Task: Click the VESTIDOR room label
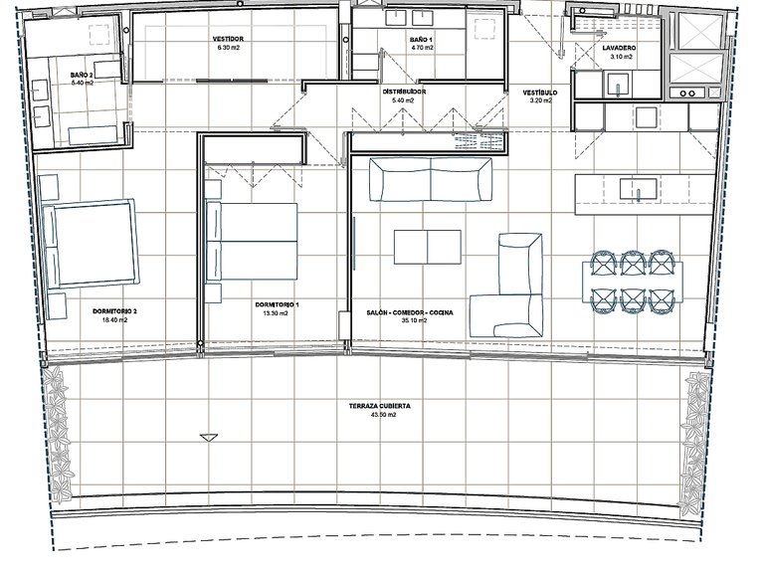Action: (x=228, y=39)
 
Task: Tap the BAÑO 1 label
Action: (x=421, y=40)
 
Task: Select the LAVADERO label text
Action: (x=619, y=48)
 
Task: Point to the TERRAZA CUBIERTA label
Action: (x=380, y=406)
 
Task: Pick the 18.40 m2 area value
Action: (x=114, y=320)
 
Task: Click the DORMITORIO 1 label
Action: (x=278, y=305)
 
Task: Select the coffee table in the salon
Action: (x=428, y=247)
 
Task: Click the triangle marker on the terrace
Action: (x=209, y=437)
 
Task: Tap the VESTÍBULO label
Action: (x=540, y=93)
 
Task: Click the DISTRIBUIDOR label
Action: (x=404, y=92)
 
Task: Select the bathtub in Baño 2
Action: (x=93, y=135)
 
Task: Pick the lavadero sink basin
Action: (x=618, y=84)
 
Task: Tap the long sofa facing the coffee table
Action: (x=431, y=179)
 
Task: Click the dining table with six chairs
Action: (x=633, y=282)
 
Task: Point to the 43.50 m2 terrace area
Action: (x=382, y=415)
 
